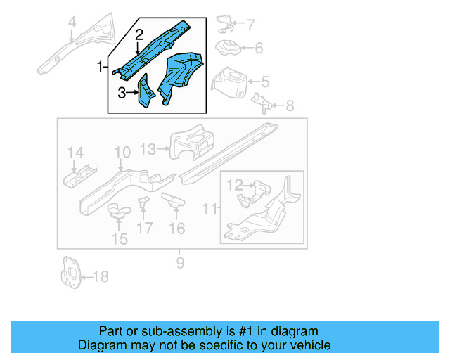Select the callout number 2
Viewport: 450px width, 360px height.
point(139,34)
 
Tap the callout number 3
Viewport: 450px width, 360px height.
point(122,91)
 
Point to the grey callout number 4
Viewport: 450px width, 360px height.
point(71,27)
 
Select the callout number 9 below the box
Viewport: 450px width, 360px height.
point(180,263)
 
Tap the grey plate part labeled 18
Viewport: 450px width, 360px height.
point(70,272)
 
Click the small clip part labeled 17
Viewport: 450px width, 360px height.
point(145,203)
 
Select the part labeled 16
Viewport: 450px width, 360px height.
point(173,201)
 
